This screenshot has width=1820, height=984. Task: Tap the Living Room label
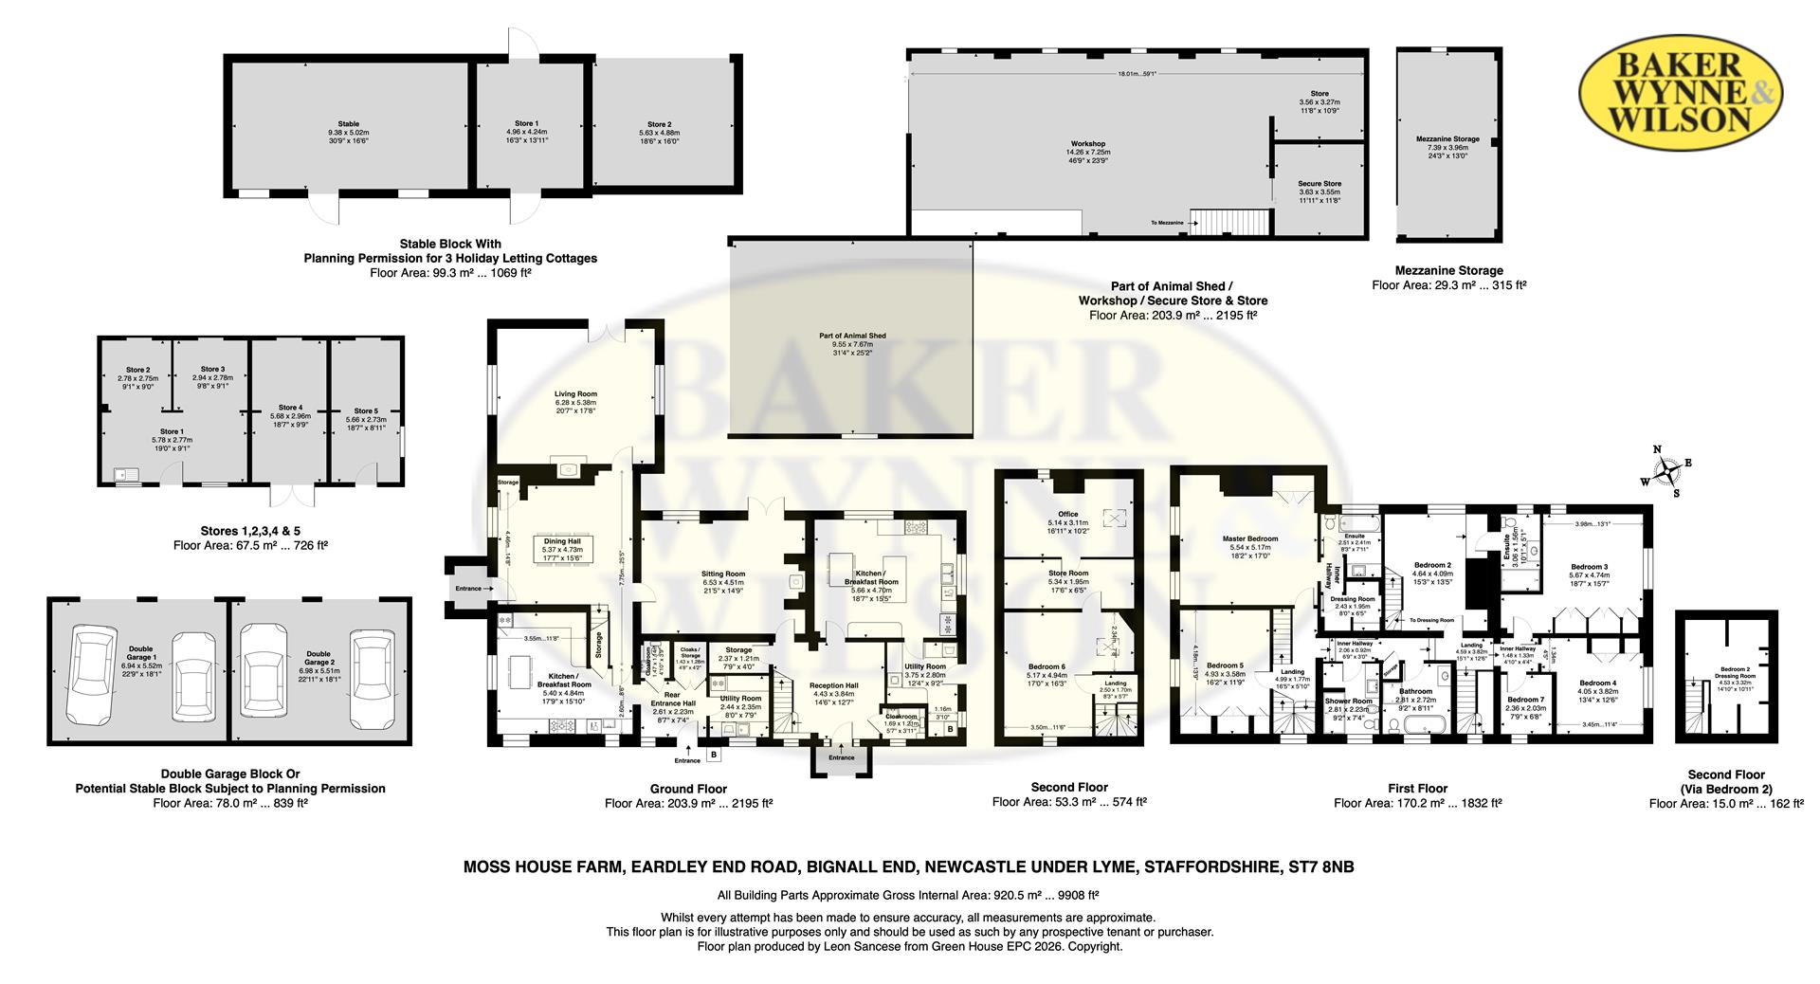coord(575,393)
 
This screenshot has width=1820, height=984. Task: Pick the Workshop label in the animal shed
coord(1087,144)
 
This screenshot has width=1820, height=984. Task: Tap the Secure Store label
coord(1319,184)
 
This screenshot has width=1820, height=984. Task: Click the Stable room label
coord(349,123)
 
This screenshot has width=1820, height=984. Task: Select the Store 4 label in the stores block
coord(290,408)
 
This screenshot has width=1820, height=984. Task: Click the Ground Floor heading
coord(688,789)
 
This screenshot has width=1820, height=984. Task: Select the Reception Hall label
coord(833,685)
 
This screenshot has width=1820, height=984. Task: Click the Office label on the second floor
coord(1068,514)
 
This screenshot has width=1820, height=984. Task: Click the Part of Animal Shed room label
coord(852,336)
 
